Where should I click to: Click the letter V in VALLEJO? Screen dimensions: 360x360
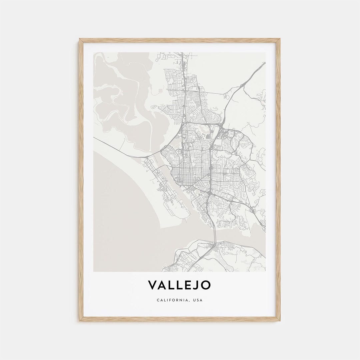[152, 285]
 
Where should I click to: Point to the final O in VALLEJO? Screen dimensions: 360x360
[206, 285]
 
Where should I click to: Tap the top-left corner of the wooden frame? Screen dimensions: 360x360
[80, 39]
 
